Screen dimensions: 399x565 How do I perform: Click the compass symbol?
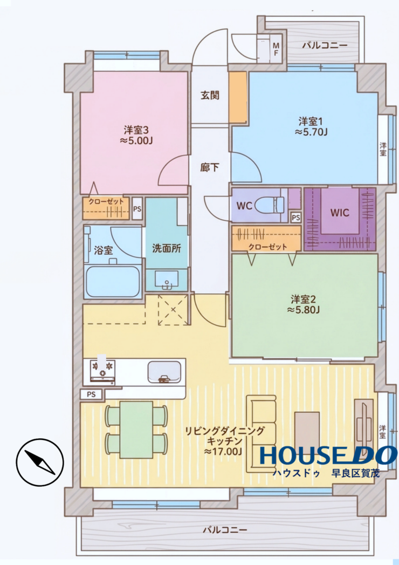[x=39, y=462]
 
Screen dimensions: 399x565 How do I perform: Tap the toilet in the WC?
[x=270, y=205]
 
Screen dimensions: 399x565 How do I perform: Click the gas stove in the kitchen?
[x=102, y=370]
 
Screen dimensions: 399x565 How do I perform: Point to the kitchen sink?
[x=164, y=372]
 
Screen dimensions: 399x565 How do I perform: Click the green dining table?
[x=136, y=430]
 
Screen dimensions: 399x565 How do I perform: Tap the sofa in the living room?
[x=261, y=433]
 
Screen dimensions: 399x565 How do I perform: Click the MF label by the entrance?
[x=276, y=49]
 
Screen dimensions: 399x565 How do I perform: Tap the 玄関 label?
[x=210, y=96]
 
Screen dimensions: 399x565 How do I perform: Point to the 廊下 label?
[x=210, y=167]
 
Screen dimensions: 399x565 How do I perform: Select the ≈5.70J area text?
[x=311, y=132]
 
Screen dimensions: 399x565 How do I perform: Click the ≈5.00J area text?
[x=136, y=140]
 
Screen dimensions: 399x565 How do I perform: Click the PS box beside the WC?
[x=295, y=217]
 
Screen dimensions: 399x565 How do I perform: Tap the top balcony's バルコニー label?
[x=325, y=45]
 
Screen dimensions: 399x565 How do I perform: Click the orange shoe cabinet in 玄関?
[x=238, y=97]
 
